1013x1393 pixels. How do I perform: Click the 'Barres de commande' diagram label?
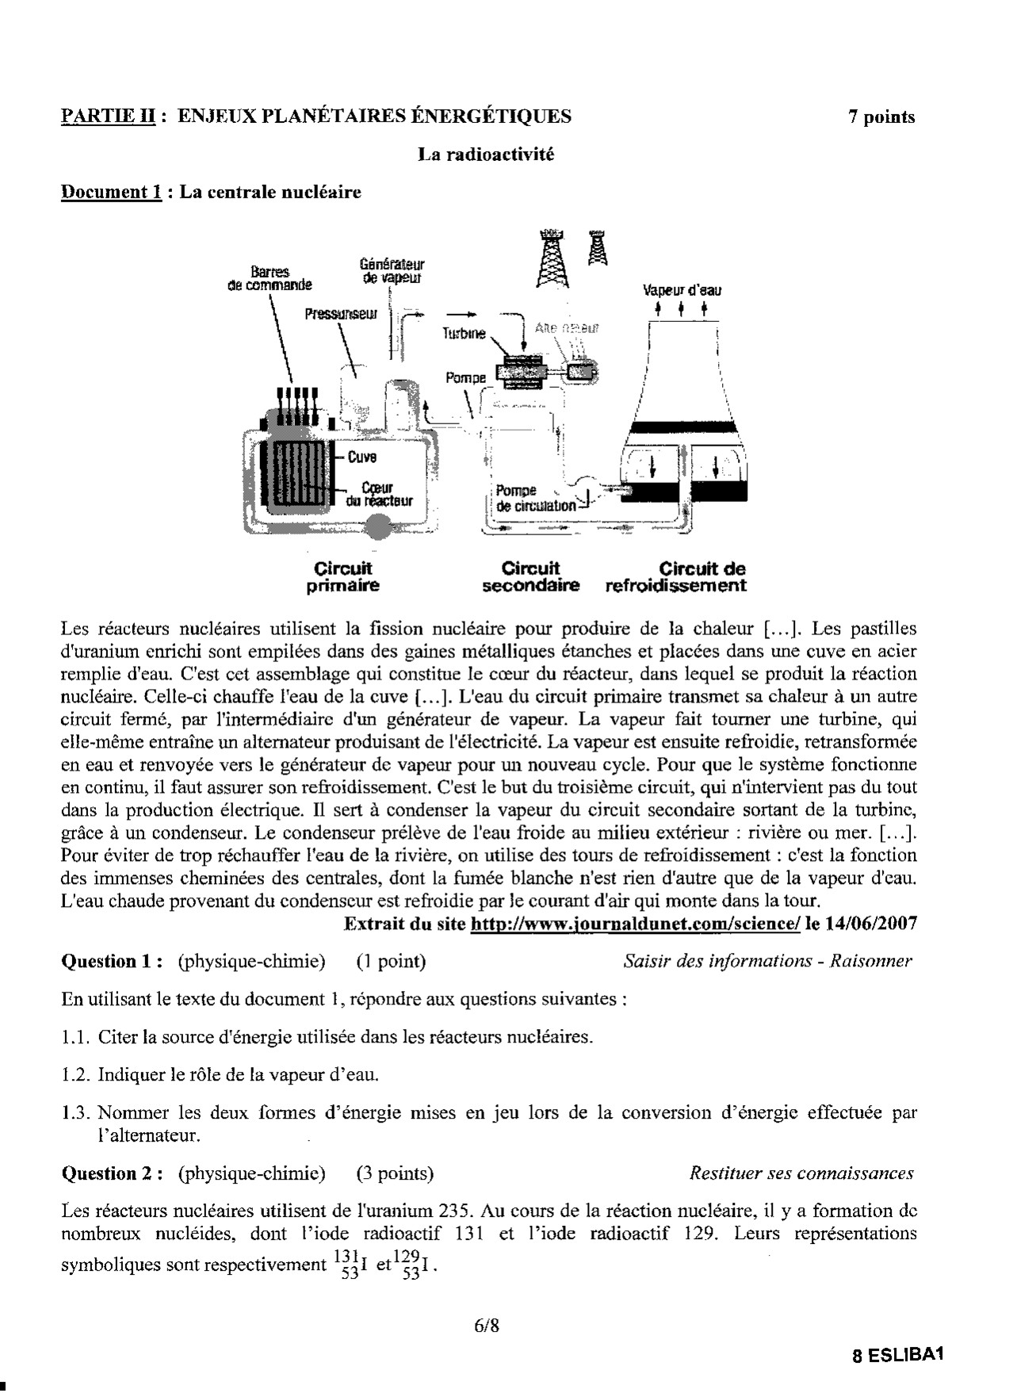coord(269,278)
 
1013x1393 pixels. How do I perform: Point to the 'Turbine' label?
coord(464,334)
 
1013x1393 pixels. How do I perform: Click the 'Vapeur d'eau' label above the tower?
coord(682,290)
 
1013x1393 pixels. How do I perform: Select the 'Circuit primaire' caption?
coord(342,577)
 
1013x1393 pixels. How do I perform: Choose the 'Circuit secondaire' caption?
coord(530,577)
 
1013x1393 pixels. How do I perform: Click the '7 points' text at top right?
coord(881,117)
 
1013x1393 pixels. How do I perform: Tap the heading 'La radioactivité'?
coord(486,155)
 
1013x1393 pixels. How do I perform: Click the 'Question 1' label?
coord(112,962)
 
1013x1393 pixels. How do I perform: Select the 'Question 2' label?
coord(112,1173)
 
